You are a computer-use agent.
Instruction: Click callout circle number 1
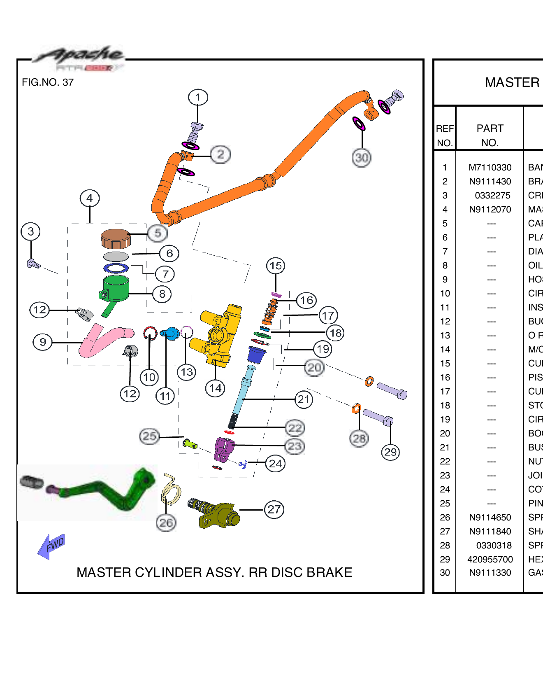tap(198, 98)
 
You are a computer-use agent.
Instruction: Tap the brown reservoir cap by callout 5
tap(116, 238)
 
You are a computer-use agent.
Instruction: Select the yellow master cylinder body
tap(220, 336)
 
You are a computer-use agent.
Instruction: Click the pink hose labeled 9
tap(103, 340)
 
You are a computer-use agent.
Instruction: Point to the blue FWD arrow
tap(51, 546)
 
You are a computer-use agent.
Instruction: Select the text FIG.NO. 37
tap(48, 82)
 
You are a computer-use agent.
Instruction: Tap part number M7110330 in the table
tap(490, 168)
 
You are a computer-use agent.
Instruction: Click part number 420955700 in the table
tap(490, 560)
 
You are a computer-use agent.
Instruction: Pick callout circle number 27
tap(274, 510)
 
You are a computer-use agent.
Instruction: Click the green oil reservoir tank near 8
tap(116, 288)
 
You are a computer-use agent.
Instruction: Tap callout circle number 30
tap(362, 158)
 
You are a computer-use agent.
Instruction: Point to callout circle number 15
tap(276, 266)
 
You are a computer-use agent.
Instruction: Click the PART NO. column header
tap(490, 135)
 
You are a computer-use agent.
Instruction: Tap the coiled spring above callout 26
tap(171, 490)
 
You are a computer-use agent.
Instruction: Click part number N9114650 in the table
tap(490, 518)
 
